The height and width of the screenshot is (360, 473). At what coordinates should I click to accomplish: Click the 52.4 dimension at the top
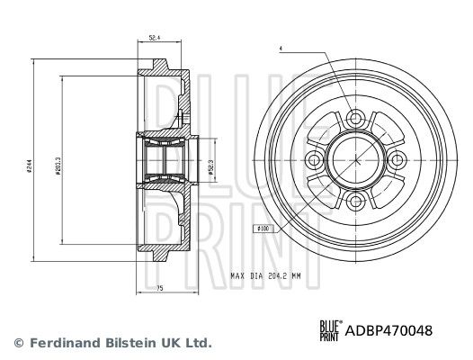tap(155, 39)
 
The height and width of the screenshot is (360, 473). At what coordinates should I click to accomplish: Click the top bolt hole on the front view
tap(354, 117)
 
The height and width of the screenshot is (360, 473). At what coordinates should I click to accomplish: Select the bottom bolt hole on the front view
tap(354, 204)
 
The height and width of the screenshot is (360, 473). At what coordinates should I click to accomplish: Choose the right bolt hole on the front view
tap(397, 160)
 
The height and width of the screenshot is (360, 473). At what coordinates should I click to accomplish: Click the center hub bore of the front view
tap(354, 160)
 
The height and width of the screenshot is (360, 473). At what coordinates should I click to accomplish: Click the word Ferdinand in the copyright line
tap(63, 343)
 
